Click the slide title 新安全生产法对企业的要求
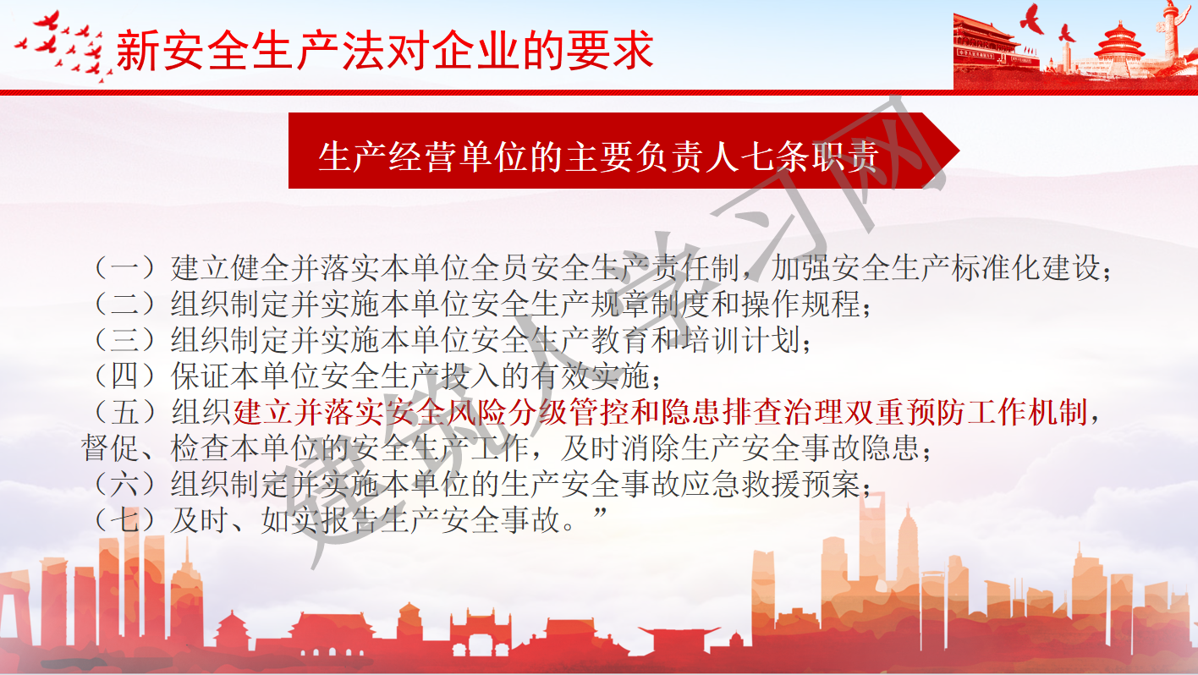pos(385,50)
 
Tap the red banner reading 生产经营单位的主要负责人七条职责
pos(624,151)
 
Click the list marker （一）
pos(125,268)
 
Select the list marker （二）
pos(125,304)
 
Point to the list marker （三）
pos(125,340)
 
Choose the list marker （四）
pos(125,376)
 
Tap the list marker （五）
pos(125,413)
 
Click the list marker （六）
pos(125,484)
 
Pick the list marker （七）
pos(125,520)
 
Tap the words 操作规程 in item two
pos(801,304)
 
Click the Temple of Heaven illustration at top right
pos(1118,49)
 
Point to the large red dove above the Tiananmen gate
pos(1030,19)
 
